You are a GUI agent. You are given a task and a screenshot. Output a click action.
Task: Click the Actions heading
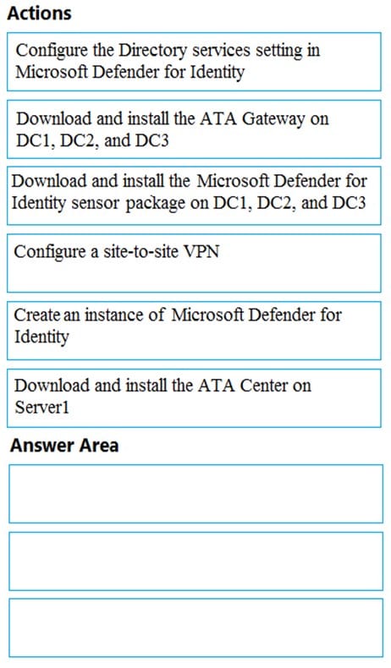click(39, 14)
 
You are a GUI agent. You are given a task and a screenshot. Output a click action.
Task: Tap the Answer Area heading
click(64, 445)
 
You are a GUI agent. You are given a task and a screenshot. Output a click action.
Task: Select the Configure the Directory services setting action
click(194, 62)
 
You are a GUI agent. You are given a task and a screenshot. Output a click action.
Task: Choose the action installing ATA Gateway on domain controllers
click(194, 129)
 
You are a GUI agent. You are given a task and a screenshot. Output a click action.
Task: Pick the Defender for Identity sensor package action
click(194, 196)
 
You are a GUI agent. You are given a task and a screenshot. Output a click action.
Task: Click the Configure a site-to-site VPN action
click(194, 263)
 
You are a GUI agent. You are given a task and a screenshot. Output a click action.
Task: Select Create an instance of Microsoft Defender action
click(194, 331)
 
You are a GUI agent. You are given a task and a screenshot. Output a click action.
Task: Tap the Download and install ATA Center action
click(194, 398)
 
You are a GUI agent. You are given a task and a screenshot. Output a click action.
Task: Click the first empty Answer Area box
click(195, 494)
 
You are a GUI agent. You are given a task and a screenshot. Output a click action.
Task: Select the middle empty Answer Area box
click(195, 561)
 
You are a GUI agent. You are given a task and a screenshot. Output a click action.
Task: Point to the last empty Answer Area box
click(195, 628)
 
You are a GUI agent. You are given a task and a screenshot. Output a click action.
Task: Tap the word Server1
click(41, 408)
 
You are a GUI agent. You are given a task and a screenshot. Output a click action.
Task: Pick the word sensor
click(96, 204)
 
